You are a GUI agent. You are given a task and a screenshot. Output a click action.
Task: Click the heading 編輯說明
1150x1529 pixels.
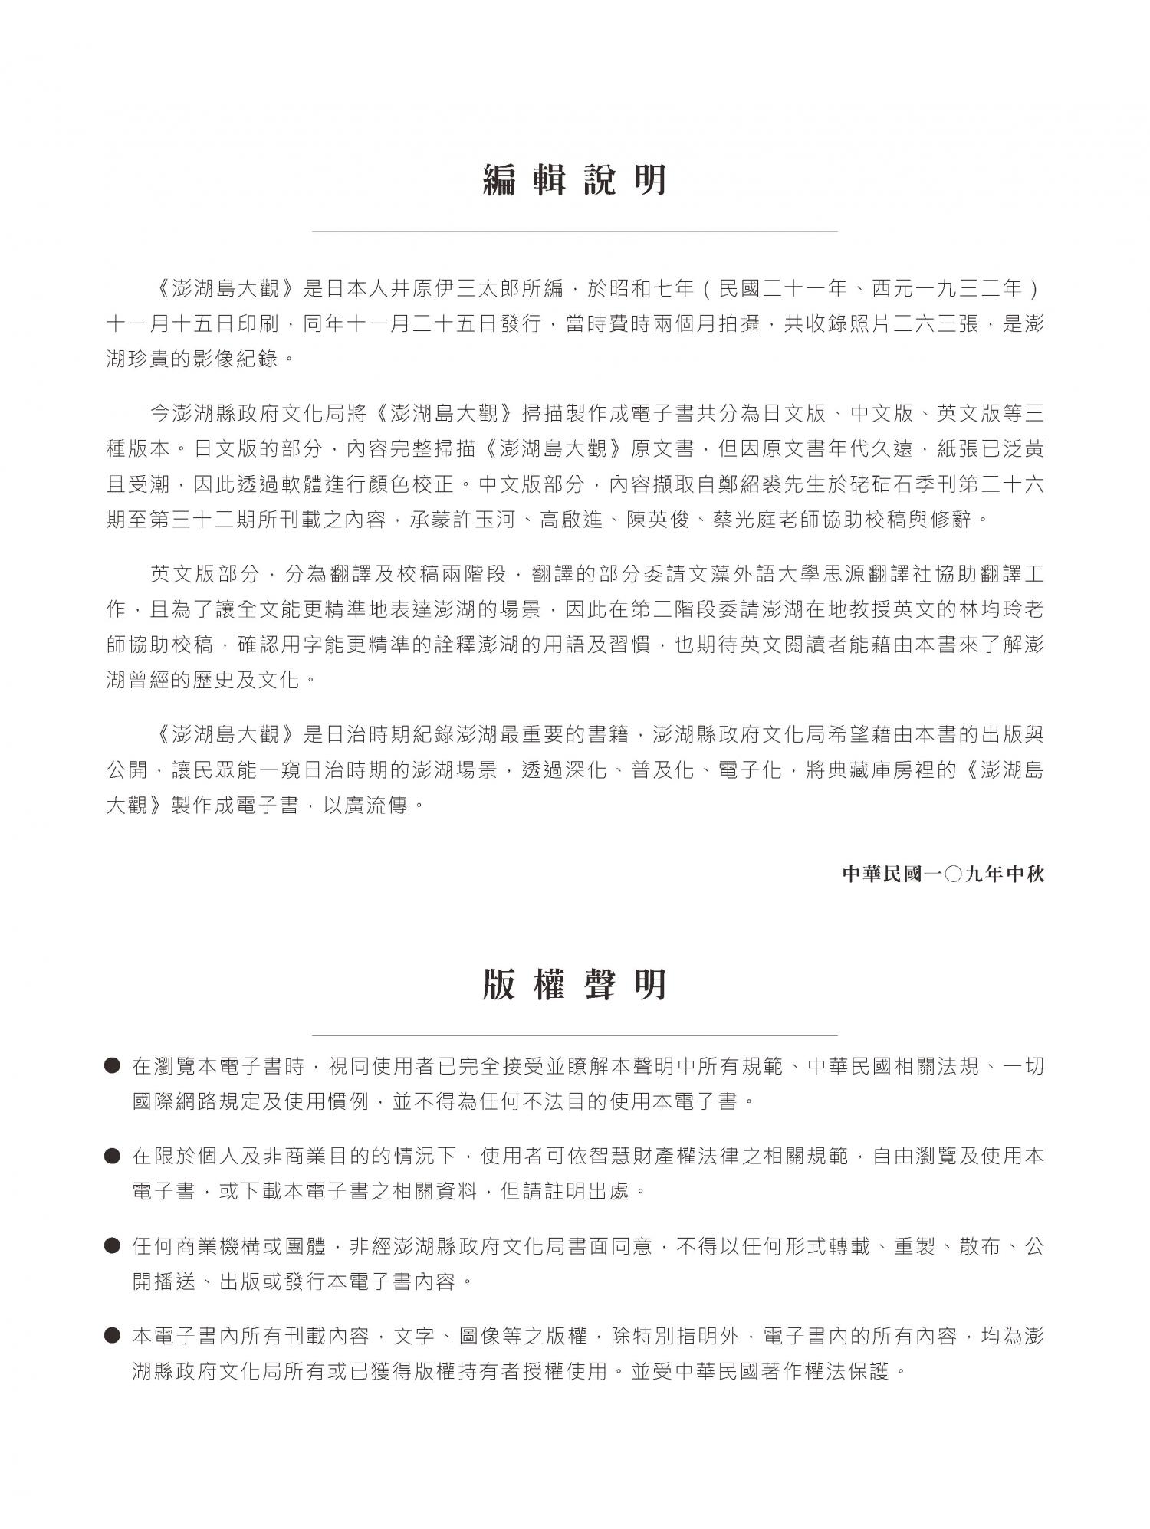(574, 181)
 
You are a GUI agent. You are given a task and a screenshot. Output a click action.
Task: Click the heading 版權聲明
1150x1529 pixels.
(574, 985)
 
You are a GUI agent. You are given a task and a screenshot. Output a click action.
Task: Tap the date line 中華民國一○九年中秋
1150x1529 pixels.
(943, 874)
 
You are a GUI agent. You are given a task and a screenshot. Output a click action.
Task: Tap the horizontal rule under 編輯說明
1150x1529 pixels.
(574, 231)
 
